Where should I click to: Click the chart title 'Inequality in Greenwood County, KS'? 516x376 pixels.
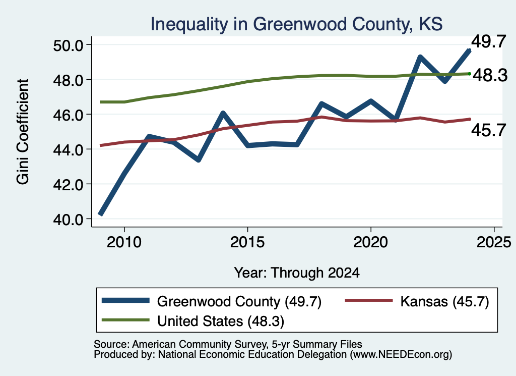pyautogui.click(x=296, y=24)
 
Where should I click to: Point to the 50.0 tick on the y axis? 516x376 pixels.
pyautogui.click(x=68, y=45)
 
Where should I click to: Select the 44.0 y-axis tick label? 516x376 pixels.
pyautogui.click(x=68, y=149)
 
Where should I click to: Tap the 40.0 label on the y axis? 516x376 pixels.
pyautogui.click(x=68, y=219)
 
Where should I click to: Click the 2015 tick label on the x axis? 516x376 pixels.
pyautogui.click(x=247, y=242)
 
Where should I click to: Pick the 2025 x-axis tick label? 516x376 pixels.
pyautogui.click(x=494, y=242)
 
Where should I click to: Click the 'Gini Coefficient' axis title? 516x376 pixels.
pyautogui.click(x=23, y=132)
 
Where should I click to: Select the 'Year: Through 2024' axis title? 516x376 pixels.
pyautogui.click(x=297, y=273)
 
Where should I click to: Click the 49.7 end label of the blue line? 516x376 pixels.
pyautogui.click(x=488, y=41)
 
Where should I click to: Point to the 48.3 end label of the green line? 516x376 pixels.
pyautogui.click(x=490, y=75)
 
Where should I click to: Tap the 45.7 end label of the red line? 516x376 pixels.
pyautogui.click(x=488, y=130)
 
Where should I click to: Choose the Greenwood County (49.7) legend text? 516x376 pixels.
pyautogui.click(x=239, y=301)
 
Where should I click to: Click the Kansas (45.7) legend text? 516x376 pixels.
pyautogui.click(x=444, y=301)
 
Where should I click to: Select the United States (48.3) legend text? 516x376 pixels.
pyautogui.click(x=221, y=321)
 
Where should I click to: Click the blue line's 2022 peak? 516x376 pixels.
pyautogui.click(x=420, y=58)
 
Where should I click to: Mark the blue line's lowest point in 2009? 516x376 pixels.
pyautogui.click(x=101, y=214)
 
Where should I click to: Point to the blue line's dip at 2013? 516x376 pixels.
pyautogui.click(x=198, y=160)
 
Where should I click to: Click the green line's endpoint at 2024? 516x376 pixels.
pyautogui.click(x=470, y=74)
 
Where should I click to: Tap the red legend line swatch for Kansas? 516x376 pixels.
pyautogui.click(x=368, y=300)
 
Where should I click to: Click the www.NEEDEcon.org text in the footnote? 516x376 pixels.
pyautogui.click(x=401, y=355)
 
